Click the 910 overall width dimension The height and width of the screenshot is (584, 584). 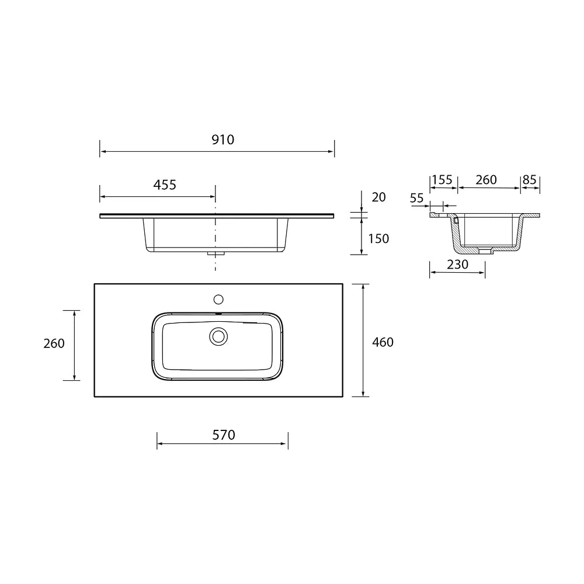pos(223,140)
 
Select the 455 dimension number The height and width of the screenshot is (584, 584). pos(165,185)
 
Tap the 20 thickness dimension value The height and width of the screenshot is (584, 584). pos(378,197)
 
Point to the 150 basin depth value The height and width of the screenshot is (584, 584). pos(378,238)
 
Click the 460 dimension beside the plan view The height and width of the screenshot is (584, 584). pos(383,342)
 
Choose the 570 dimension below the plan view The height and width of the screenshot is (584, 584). pos(224,434)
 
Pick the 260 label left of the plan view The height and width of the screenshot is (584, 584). pos(54,343)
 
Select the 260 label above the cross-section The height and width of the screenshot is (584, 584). pos(486,180)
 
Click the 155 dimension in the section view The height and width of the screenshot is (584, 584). pos(442,180)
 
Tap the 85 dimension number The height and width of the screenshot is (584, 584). pos(529,180)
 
